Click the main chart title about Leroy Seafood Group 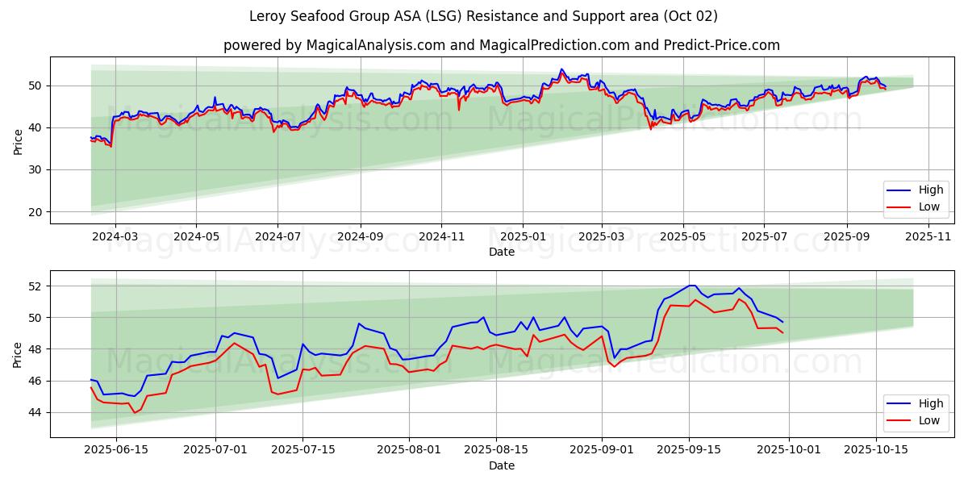(484, 16)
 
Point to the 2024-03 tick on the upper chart (115, 236)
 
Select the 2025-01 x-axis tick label (523, 236)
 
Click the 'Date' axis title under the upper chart (502, 252)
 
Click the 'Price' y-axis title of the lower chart (18, 354)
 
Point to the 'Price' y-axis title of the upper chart (18, 140)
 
